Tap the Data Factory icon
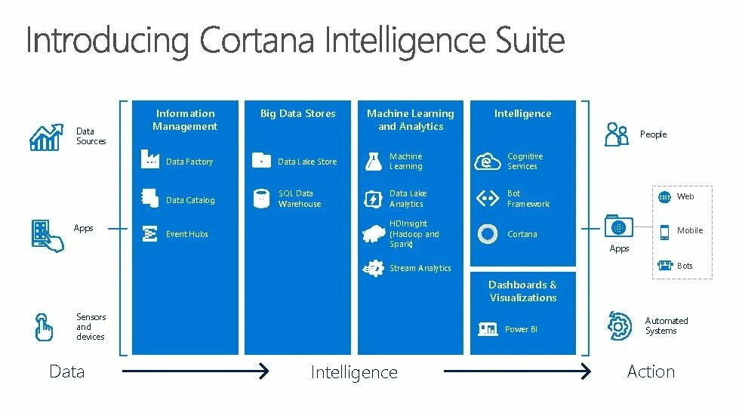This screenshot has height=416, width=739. pos(149,160)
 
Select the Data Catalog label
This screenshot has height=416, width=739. pos(190,200)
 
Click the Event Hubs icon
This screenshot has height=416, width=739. pos(149,233)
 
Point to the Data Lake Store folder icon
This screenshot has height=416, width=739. pos(261,160)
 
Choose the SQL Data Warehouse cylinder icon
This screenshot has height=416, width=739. pos(261,199)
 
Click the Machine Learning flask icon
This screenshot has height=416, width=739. pos(373,160)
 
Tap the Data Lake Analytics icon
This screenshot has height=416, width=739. pos(373,199)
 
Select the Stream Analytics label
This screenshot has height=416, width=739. pos(420,268)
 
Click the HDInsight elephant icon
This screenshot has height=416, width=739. pos(373,233)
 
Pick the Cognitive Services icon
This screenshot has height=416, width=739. pos(487,161)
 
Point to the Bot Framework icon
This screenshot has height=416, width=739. pos(487,199)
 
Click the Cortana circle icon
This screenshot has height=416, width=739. pos(487,233)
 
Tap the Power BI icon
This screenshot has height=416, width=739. pos(487,329)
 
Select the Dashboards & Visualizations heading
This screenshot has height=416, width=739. pos(522,291)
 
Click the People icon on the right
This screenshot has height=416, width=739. pos(617,134)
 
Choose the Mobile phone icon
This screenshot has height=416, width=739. pos(664,231)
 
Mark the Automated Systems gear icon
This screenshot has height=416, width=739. pos(620,325)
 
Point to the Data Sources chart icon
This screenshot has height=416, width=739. pos(45,137)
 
